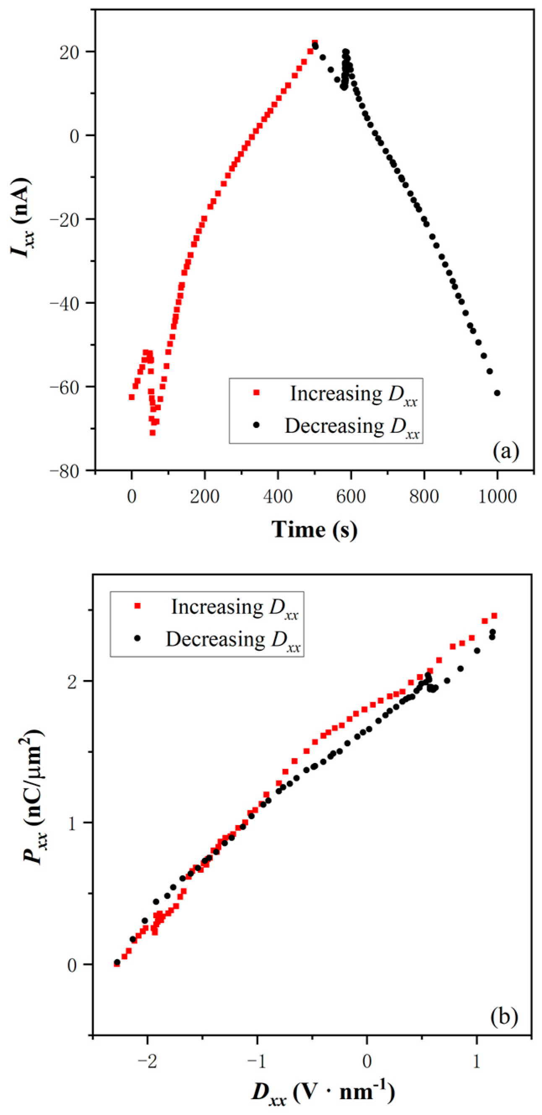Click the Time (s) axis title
[x=315, y=529]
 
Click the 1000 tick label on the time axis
[x=497, y=497]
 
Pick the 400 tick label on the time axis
[x=278, y=497]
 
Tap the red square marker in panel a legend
[x=256, y=393]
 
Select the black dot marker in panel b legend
[x=137, y=639]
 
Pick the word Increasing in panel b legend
[x=217, y=607]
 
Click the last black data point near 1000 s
[x=497, y=393]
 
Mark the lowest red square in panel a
[x=153, y=432]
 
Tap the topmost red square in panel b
[x=494, y=616]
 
